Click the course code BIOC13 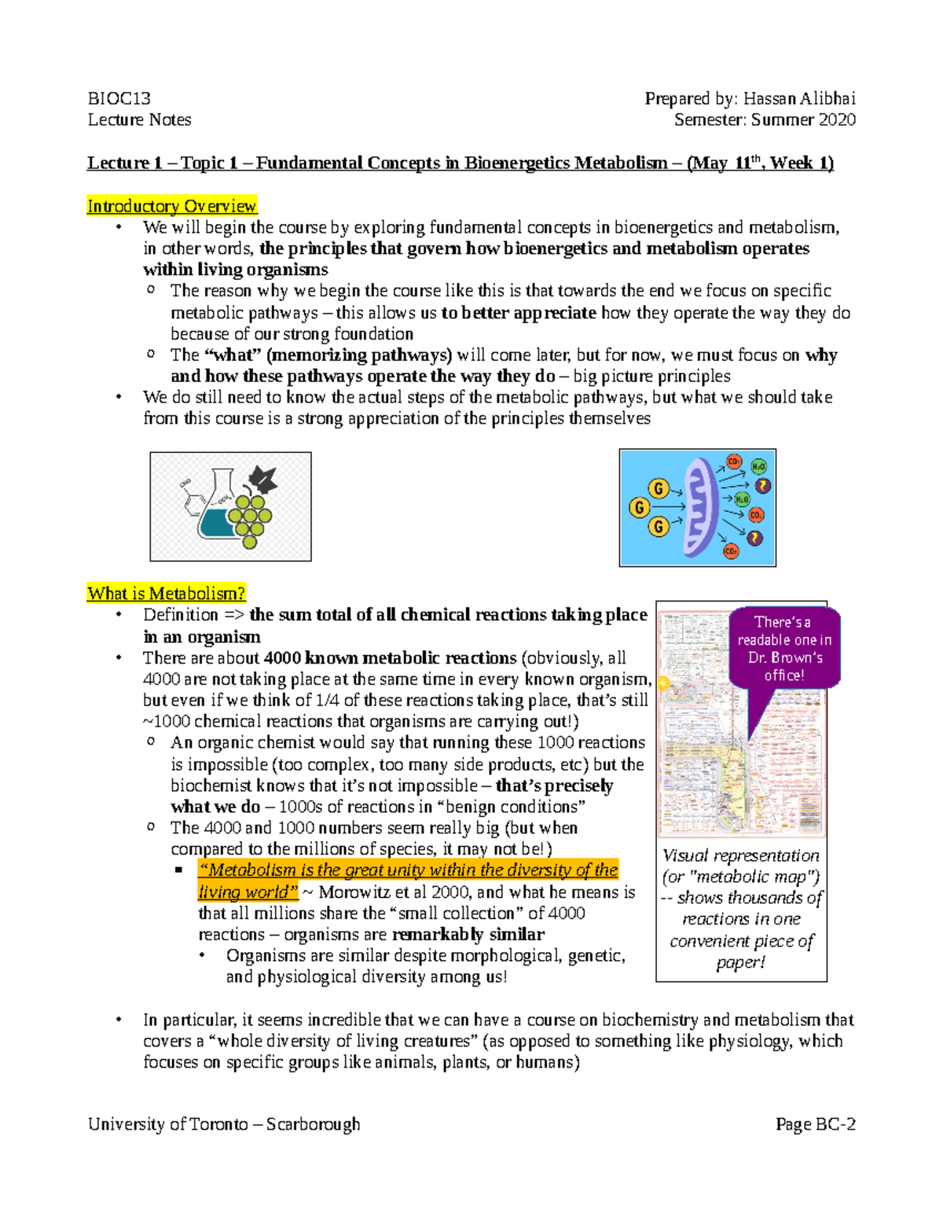click(x=119, y=99)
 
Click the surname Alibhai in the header click(x=827, y=99)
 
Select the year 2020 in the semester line click(x=836, y=120)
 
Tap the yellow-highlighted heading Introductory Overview click(x=172, y=206)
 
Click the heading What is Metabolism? click(x=167, y=594)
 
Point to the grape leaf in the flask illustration click(x=262, y=480)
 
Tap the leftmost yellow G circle click(x=639, y=508)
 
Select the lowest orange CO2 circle click(x=731, y=552)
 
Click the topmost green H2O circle click(x=758, y=466)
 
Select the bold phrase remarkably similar click(x=468, y=935)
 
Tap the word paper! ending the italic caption click(x=741, y=962)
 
